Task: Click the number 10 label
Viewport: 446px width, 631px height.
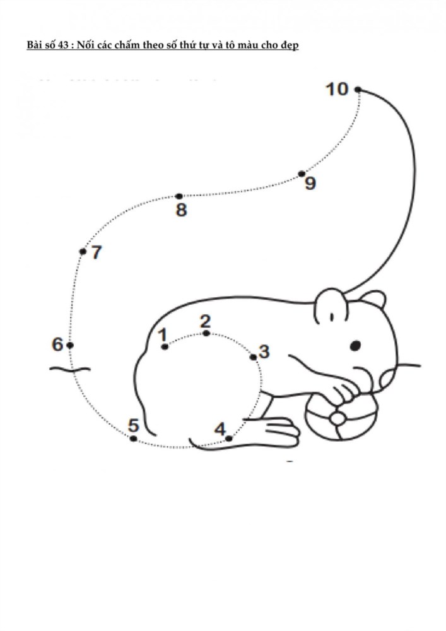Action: click(x=337, y=89)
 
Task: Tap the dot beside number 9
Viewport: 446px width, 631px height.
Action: click(x=302, y=174)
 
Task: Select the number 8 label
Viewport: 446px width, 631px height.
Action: click(x=182, y=209)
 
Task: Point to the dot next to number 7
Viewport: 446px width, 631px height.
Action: click(x=83, y=252)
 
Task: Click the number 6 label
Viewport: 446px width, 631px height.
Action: click(x=57, y=345)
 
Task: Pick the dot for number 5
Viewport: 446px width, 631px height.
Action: click(x=134, y=439)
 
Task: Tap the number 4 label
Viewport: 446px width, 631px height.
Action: click(x=220, y=429)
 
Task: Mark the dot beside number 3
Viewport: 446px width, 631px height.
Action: click(x=254, y=357)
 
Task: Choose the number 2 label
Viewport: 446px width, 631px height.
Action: click(x=205, y=322)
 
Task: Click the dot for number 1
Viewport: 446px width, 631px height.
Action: click(x=164, y=346)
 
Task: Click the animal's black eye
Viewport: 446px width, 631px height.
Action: click(x=355, y=345)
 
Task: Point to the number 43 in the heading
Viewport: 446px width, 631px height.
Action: click(x=63, y=45)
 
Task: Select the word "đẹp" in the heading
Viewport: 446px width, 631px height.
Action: click(x=290, y=45)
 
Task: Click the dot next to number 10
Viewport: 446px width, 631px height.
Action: click(x=358, y=90)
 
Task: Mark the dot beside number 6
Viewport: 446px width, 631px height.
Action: click(x=70, y=345)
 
